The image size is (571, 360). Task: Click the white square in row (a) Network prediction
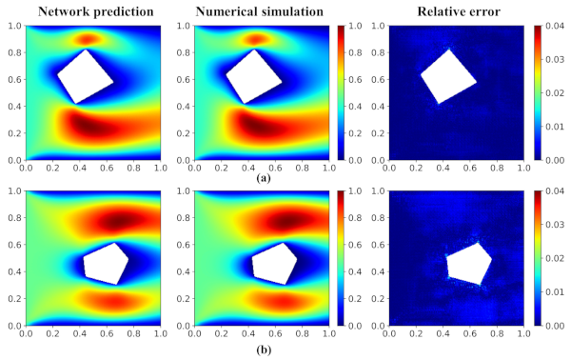coord(85,76)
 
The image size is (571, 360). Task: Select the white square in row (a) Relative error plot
coord(448,76)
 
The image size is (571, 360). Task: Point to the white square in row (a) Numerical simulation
coord(253,76)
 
